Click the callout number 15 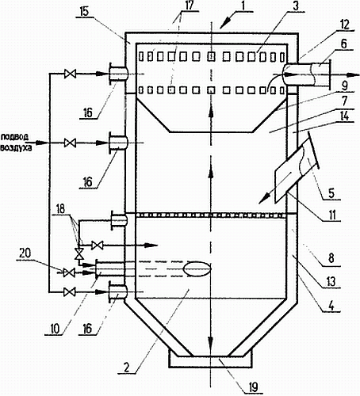(x=84, y=13)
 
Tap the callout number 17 (x=190, y=6)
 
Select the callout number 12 (x=345, y=25)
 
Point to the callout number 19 (x=253, y=387)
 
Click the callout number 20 (x=25, y=253)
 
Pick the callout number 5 (x=331, y=193)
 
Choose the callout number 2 (x=127, y=367)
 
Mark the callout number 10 (x=56, y=329)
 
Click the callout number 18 (x=60, y=209)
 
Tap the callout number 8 (x=331, y=258)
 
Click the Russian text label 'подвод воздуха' (x=17, y=143)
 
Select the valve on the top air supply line (x=70, y=74)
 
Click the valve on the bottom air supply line (x=70, y=292)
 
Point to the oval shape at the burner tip (x=197, y=268)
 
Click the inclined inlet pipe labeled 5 (x=296, y=168)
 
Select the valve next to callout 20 (x=69, y=272)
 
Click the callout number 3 (x=296, y=6)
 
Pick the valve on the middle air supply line (x=70, y=143)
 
